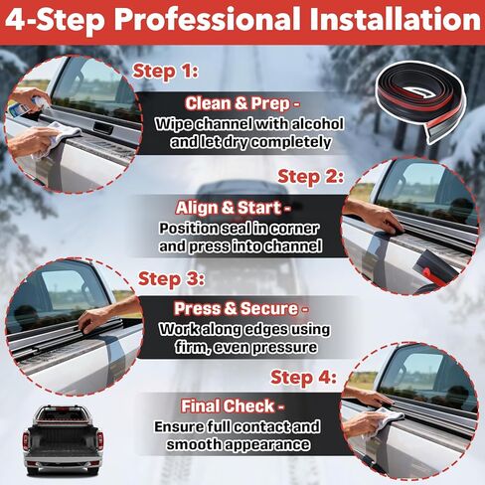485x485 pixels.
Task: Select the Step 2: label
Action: [x=310, y=176]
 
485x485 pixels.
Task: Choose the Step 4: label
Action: [x=303, y=377]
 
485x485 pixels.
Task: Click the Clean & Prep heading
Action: [x=242, y=102]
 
